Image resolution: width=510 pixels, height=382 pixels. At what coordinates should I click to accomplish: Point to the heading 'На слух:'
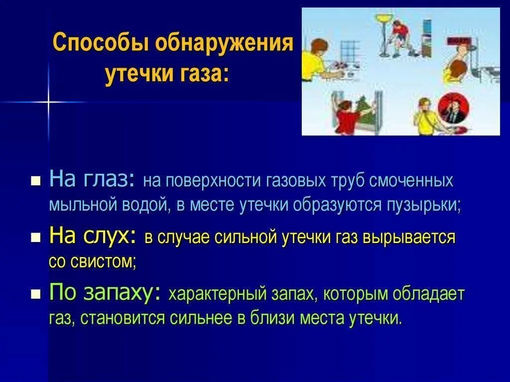93,237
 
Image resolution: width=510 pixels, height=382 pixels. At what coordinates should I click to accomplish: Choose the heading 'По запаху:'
105,293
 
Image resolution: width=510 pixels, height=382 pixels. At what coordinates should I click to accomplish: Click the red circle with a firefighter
451,108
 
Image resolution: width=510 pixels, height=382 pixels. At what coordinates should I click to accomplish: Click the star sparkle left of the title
49,102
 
